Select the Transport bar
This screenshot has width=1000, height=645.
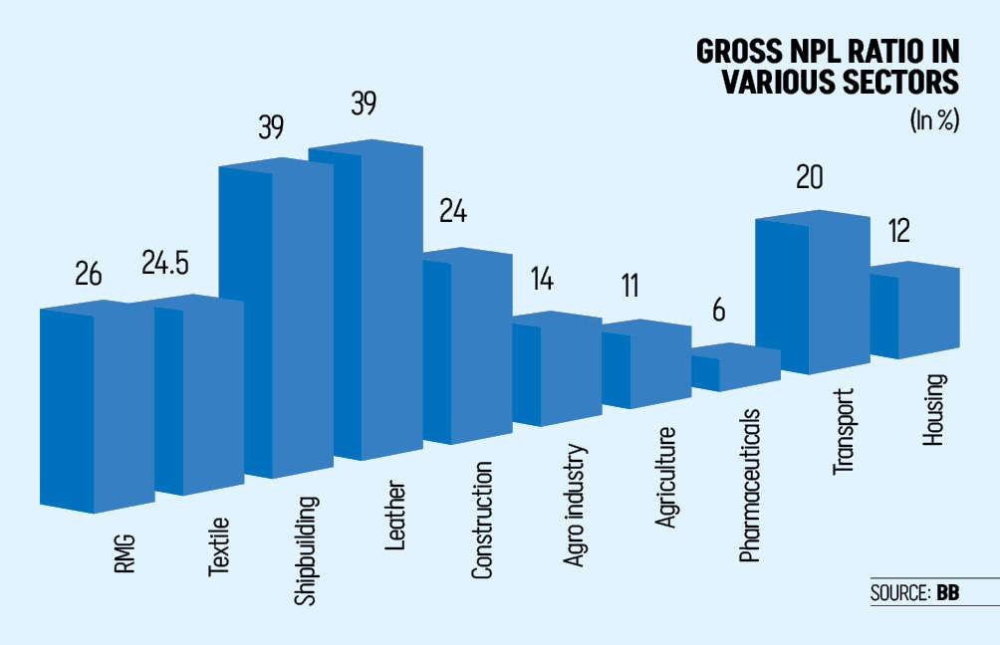click(817, 294)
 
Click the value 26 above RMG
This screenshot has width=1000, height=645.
click(89, 274)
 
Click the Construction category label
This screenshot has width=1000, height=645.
click(482, 520)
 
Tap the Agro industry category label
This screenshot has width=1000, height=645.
click(574, 506)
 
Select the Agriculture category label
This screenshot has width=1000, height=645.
click(664, 477)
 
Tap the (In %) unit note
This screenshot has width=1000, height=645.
click(932, 120)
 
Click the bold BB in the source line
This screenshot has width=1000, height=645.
click(947, 593)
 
